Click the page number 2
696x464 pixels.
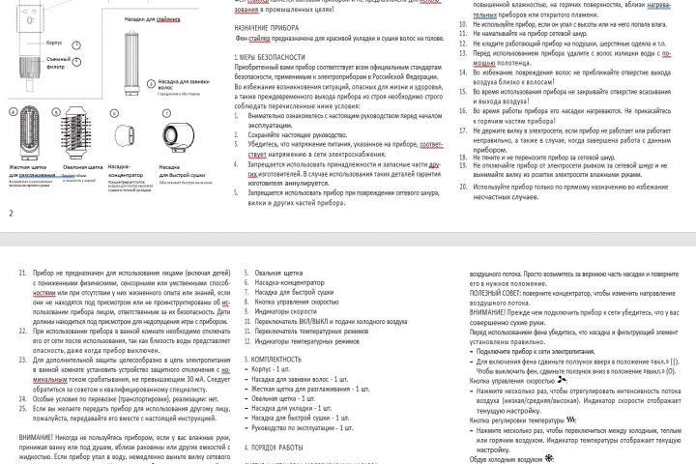pyautogui.click(x=10, y=212)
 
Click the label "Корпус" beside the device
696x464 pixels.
pyautogui.click(x=54, y=43)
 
